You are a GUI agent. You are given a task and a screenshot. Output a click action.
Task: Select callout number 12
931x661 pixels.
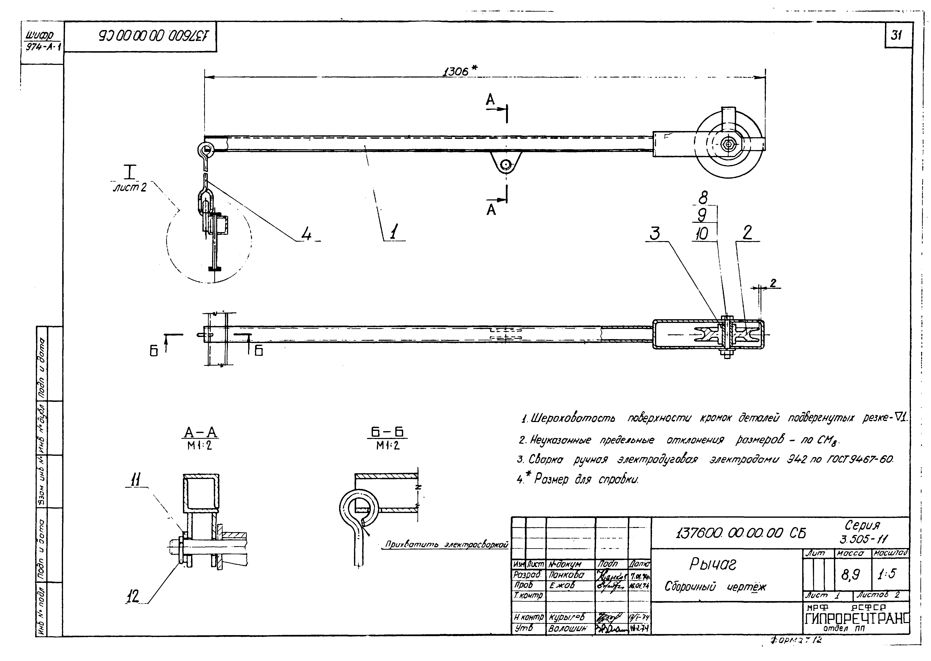tap(132, 597)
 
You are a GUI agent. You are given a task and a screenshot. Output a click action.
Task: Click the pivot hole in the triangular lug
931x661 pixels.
tap(506, 164)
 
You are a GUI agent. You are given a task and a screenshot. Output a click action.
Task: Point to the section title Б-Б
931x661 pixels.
tap(387, 432)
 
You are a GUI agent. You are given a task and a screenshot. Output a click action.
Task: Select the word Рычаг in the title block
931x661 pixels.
tap(713, 564)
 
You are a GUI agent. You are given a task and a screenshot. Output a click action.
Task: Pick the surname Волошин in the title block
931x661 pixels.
tap(567, 628)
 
